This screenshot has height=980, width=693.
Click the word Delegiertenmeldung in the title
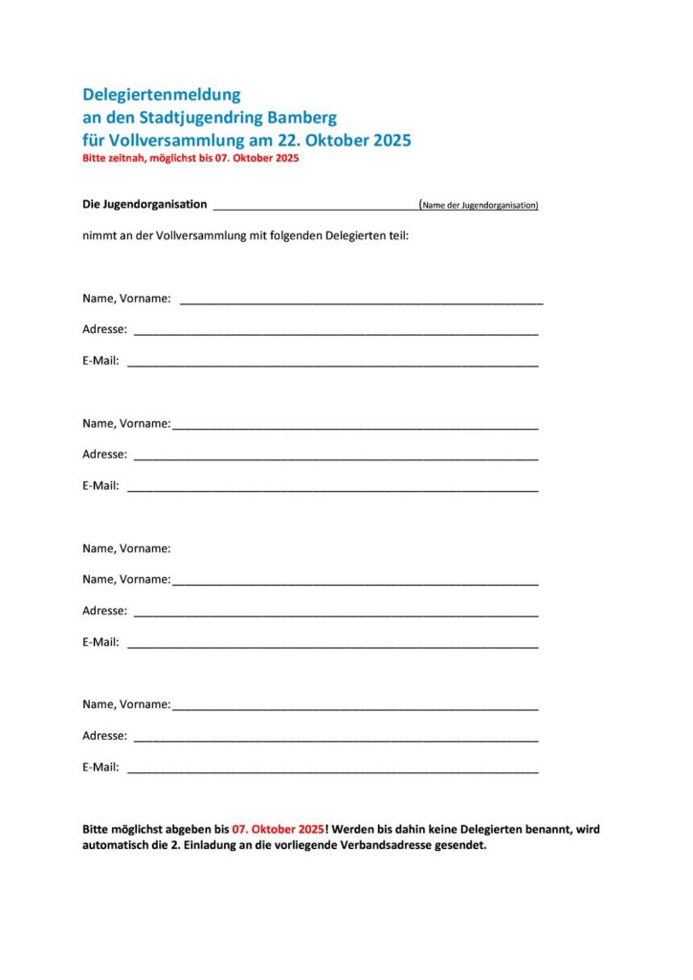click(x=162, y=95)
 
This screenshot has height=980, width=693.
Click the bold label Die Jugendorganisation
click(x=145, y=204)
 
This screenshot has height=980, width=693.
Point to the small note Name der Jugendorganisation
click(x=480, y=205)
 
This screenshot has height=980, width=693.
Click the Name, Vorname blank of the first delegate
click(x=361, y=300)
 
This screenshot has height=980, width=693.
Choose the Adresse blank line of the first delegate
click(x=335, y=330)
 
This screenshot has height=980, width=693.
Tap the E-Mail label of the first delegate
click(x=101, y=361)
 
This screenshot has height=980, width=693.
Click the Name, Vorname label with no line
click(x=126, y=548)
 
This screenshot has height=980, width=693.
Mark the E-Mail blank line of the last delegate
click(x=332, y=768)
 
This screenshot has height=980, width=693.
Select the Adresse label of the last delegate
click(x=104, y=736)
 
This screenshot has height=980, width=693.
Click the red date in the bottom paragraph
click(x=278, y=829)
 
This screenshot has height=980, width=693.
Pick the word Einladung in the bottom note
click(x=215, y=846)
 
